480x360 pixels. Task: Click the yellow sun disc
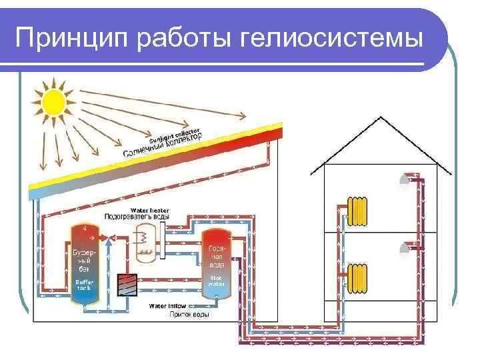coord(53,102)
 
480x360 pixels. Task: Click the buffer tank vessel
coord(85,264)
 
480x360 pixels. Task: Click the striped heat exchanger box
coord(125,285)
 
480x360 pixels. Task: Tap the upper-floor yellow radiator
coord(359,209)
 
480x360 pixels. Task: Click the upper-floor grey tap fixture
coord(405,180)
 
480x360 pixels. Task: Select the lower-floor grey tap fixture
coord(405,248)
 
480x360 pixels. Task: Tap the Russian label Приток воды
coord(189,313)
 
